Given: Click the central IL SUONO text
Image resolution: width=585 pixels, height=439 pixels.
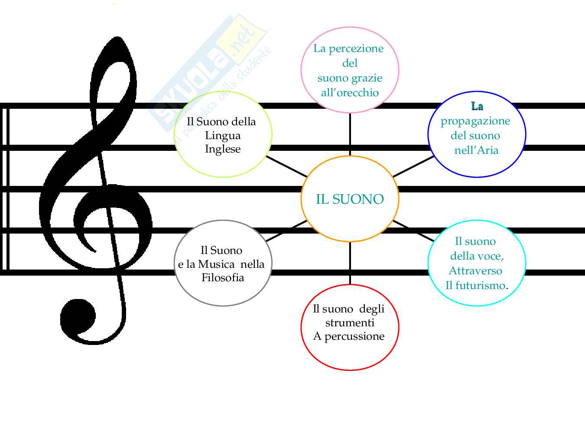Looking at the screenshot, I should tap(350, 199).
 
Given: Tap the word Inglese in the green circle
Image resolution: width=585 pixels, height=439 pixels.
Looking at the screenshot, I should tap(223, 149).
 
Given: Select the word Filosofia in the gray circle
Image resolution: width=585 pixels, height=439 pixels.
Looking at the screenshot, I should tap(223, 277).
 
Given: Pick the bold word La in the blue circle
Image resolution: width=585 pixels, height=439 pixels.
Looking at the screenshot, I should tap(477, 106).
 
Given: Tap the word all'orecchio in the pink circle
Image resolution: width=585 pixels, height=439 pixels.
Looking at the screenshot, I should tap(350, 92).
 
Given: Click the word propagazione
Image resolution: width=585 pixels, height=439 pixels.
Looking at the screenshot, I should tap(475, 121).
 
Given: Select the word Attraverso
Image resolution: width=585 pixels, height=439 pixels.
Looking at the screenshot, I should tap(475, 271).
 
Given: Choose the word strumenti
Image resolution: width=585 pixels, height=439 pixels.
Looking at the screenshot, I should tap(350, 322).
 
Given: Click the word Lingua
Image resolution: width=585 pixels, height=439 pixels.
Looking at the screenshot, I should tap(223, 135).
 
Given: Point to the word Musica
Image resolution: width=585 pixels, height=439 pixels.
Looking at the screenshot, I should tap(216, 264).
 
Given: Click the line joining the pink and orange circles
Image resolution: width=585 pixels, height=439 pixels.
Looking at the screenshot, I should tap(350, 134).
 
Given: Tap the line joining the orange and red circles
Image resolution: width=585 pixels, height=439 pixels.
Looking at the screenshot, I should tap(350, 263).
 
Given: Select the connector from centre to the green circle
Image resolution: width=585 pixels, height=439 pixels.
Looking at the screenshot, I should tap(286, 166).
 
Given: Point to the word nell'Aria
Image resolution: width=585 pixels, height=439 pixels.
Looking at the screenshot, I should tap(476, 150).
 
